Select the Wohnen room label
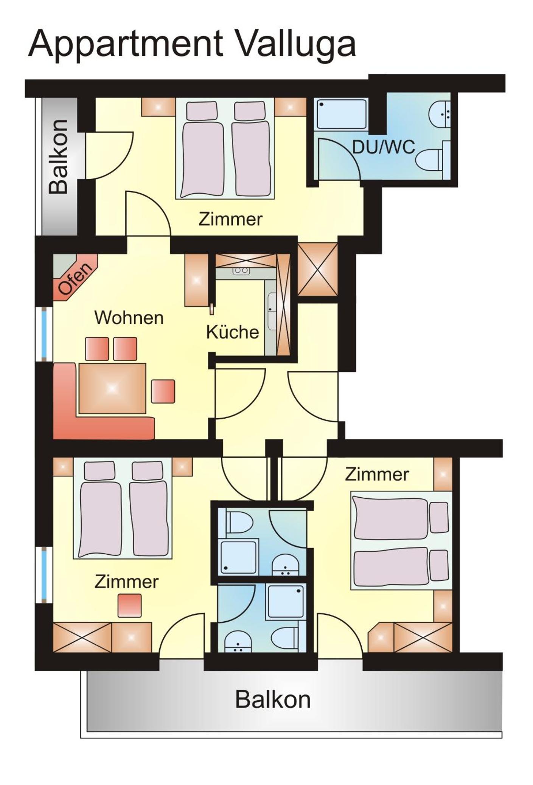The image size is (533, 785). pyautogui.click(x=129, y=318)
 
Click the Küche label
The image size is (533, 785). pyautogui.click(x=232, y=332)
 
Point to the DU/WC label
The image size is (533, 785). pyautogui.click(x=384, y=147)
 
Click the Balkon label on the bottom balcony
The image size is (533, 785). pyautogui.click(x=273, y=699)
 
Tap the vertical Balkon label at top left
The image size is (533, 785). pyautogui.click(x=59, y=157)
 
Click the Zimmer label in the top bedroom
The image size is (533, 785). pyautogui.click(x=230, y=219)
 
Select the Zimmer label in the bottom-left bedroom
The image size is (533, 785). pyautogui.click(x=126, y=581)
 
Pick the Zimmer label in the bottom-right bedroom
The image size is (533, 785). pyautogui.click(x=377, y=474)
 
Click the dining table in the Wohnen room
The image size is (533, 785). pyautogui.click(x=112, y=388)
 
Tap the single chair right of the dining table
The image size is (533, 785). pyautogui.click(x=163, y=391)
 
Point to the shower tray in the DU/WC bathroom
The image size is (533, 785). pyautogui.click(x=342, y=114)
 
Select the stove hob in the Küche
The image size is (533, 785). pyautogui.click(x=241, y=270)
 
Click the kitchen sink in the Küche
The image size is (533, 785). pyautogui.click(x=272, y=311)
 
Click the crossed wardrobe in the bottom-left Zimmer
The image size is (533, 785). pyautogui.click(x=82, y=637)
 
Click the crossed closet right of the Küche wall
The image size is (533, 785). pyautogui.click(x=317, y=269)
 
